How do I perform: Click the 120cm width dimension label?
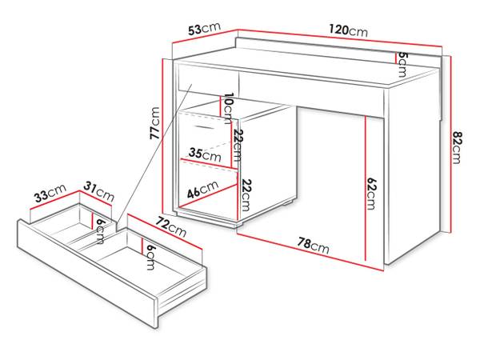(347, 30)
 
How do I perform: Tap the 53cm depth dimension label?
(205, 29)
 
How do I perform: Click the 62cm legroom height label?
(372, 193)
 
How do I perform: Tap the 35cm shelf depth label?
(205, 156)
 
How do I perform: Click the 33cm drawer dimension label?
(49, 194)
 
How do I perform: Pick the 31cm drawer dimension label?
(99, 192)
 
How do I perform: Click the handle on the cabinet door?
(205, 127)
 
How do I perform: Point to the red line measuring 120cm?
(340, 41)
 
